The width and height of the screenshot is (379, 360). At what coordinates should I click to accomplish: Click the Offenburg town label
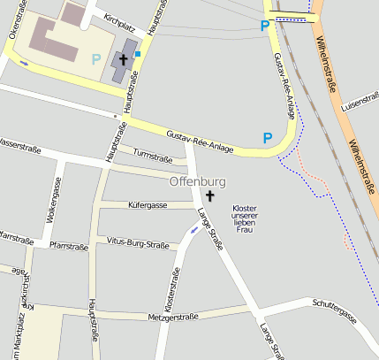tap(198, 181)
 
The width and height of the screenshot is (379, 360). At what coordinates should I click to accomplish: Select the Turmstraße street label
tap(152, 157)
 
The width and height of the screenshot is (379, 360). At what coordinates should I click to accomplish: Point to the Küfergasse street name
tap(148, 205)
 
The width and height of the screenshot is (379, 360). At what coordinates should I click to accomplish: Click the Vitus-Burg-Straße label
tap(137, 241)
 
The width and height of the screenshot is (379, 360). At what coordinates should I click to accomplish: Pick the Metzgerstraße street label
tap(173, 316)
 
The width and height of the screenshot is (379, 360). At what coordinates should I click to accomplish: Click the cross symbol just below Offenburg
tap(210, 195)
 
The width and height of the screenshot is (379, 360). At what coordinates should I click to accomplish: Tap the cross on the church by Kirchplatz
tap(123, 61)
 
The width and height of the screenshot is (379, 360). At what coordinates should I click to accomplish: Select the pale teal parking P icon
tap(95, 59)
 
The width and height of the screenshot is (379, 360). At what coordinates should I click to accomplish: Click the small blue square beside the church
tap(138, 54)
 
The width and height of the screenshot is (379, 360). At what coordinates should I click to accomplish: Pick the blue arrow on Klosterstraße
tap(193, 230)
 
